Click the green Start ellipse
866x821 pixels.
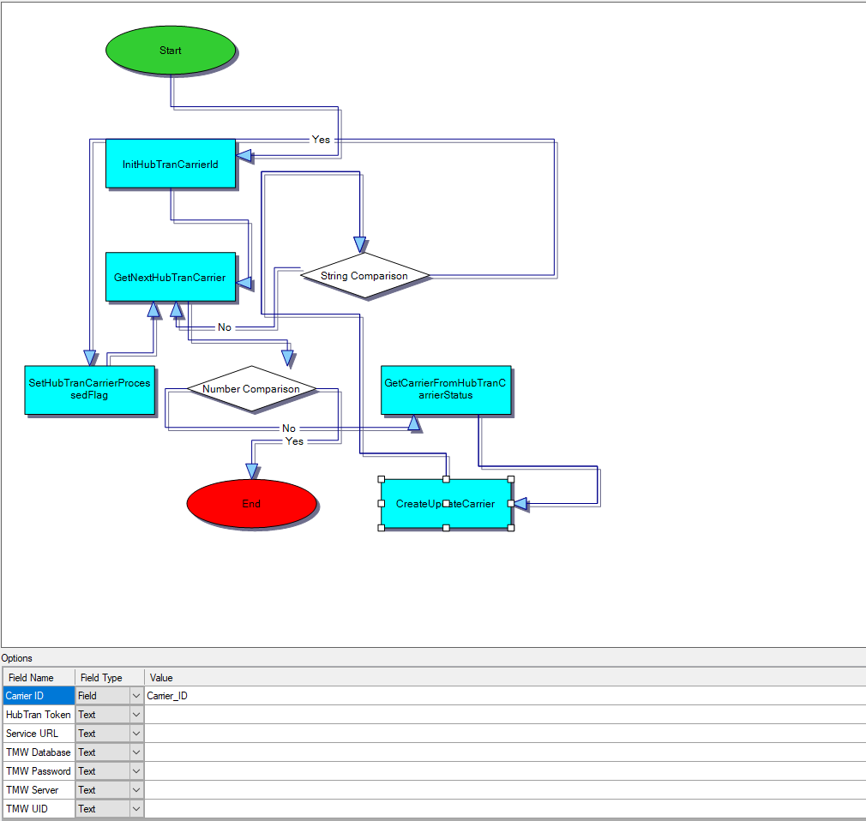tap(170, 51)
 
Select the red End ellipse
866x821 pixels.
tap(251, 504)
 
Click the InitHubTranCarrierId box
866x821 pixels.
tap(170, 163)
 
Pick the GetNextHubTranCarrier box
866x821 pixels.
tap(170, 277)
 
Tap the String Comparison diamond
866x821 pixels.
tap(364, 276)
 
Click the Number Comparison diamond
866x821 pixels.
tap(251, 389)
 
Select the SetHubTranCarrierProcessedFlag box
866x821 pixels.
tap(89, 389)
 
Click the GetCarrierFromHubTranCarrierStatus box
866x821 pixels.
tap(446, 389)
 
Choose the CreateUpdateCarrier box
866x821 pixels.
tap(446, 504)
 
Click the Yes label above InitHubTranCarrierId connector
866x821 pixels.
tap(321, 140)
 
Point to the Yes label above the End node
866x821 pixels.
tap(294, 441)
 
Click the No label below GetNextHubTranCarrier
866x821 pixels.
tap(225, 327)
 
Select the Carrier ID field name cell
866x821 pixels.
tap(38, 696)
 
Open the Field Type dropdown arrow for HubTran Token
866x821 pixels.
tap(136, 715)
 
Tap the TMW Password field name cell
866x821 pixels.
tap(38, 771)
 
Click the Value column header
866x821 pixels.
tap(161, 678)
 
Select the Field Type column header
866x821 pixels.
tap(101, 678)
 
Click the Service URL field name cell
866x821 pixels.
tap(38, 734)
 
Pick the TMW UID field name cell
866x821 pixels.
tap(38, 809)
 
